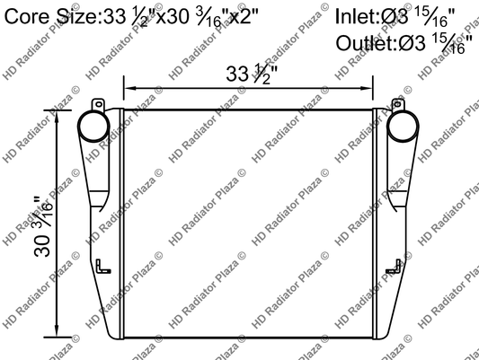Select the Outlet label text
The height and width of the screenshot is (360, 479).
(x=367, y=43)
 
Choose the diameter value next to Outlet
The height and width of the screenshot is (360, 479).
(x=443, y=43)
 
